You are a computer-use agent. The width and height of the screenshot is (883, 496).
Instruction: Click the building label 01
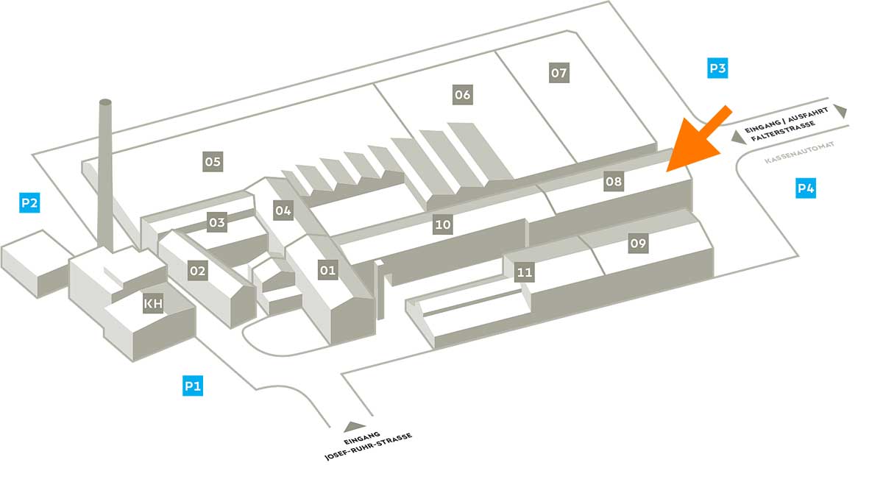[327, 271]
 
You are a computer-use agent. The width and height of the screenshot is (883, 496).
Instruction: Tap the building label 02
[198, 271]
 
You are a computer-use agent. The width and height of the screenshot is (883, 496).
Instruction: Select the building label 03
[216, 222]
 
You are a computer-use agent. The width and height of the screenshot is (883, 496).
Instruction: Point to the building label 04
[283, 211]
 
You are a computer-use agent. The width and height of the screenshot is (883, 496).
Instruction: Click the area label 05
[213, 161]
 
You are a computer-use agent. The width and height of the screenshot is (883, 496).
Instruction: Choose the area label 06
[462, 95]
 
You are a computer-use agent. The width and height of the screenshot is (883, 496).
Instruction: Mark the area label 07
[559, 73]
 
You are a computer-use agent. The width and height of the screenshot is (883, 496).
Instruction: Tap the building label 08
[613, 181]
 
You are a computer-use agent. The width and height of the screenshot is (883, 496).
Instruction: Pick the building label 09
[638, 244]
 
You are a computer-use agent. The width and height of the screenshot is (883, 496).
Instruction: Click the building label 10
[442, 225]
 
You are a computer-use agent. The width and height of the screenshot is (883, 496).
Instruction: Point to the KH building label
[153, 303]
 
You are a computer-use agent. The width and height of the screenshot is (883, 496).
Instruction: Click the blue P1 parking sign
[193, 386]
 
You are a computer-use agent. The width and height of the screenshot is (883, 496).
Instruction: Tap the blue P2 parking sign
[29, 202]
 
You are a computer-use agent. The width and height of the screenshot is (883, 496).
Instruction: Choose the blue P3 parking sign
[717, 69]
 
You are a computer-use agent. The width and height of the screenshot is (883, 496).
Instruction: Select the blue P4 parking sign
[806, 189]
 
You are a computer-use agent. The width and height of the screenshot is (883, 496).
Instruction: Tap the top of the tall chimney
[105, 102]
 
